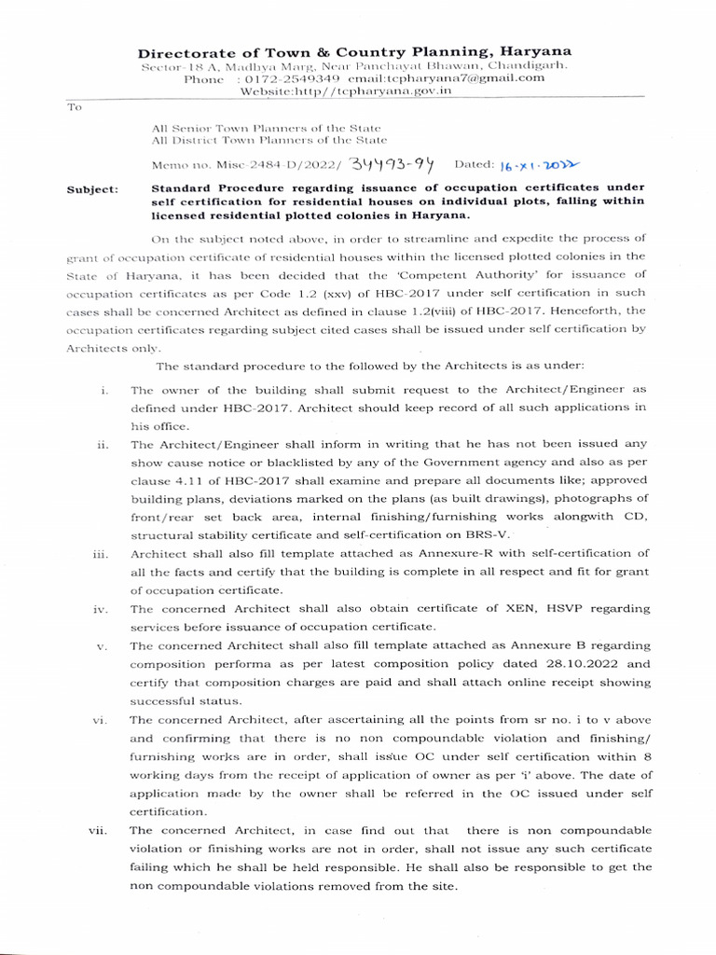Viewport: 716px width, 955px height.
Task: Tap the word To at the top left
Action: [x=75, y=107]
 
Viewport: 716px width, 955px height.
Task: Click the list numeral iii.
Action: [x=102, y=554]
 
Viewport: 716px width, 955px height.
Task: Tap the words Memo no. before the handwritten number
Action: [x=179, y=165]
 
